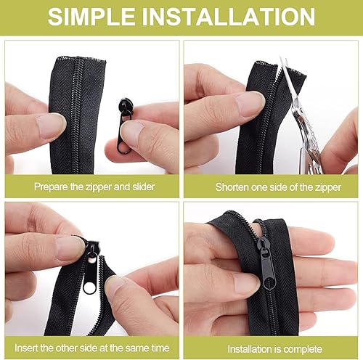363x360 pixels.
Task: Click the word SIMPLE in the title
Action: coord(91,17)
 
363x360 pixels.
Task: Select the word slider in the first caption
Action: coord(144,187)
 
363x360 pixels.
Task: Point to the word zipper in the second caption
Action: coord(328,188)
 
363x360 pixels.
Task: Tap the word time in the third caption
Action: coord(160,348)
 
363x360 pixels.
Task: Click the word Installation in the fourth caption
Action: coord(250,349)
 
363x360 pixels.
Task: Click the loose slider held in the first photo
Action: coord(125,125)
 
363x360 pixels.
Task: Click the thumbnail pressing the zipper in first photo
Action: coord(50,126)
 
